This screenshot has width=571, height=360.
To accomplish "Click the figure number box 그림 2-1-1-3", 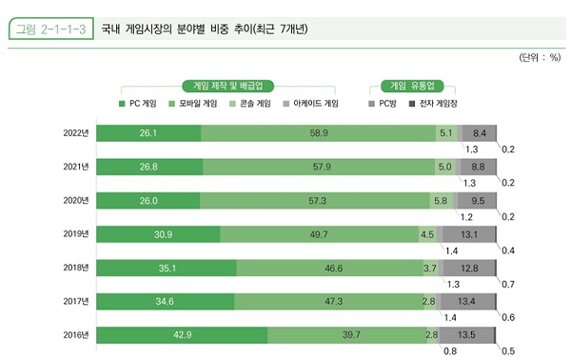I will pos(50,29).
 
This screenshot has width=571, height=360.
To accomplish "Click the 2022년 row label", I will pos(77,132).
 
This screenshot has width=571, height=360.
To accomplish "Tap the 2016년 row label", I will pos(77,335).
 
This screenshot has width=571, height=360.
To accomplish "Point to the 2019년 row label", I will pos(77,234).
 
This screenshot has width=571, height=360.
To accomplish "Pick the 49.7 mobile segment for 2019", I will pos(318,234).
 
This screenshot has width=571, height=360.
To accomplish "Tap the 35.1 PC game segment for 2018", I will pos(167,268).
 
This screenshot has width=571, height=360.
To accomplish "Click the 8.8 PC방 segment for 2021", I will pos(478,167).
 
